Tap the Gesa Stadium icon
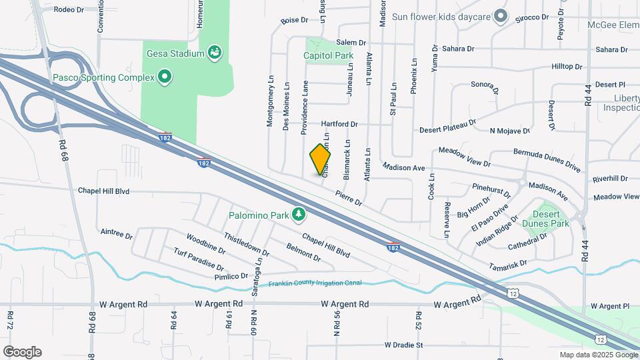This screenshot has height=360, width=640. [215, 52]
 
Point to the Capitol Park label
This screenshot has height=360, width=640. [327, 56]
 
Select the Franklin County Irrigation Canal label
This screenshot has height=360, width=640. [315, 283]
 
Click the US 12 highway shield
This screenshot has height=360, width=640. [512, 293]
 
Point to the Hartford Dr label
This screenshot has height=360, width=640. [339, 124]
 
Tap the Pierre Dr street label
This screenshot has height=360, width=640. [348, 198]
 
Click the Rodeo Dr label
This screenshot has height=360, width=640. [69, 10]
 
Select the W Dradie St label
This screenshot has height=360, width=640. [404, 345]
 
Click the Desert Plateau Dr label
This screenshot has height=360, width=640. [447, 126]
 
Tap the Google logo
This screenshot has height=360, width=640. [22, 352]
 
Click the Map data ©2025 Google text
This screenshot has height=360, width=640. [598, 355]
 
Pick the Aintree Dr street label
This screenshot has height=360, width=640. [117, 233]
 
